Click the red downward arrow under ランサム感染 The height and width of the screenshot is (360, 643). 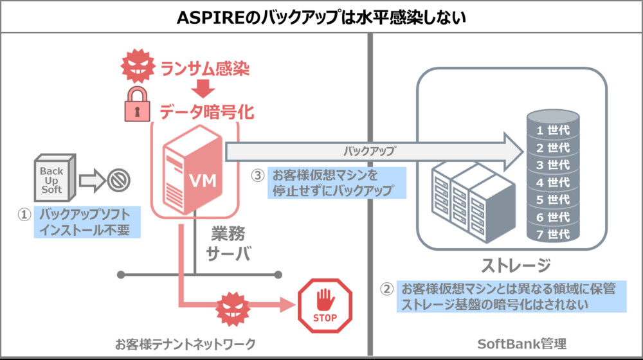coord(204,89)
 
